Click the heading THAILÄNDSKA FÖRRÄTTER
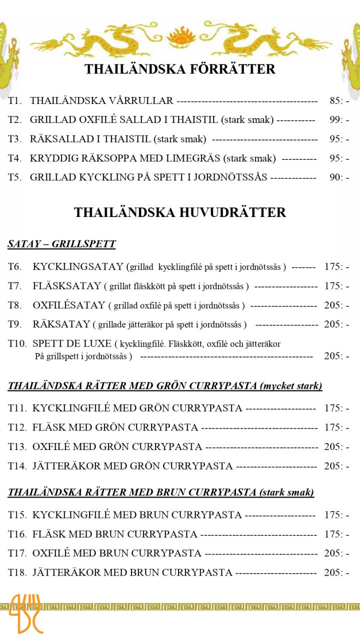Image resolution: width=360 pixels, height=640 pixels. [180, 69]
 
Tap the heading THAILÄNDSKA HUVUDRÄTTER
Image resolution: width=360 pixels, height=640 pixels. [180, 212]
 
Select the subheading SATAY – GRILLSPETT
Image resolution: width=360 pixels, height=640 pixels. [61, 244]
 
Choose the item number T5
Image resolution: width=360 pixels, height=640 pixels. [14, 177]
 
